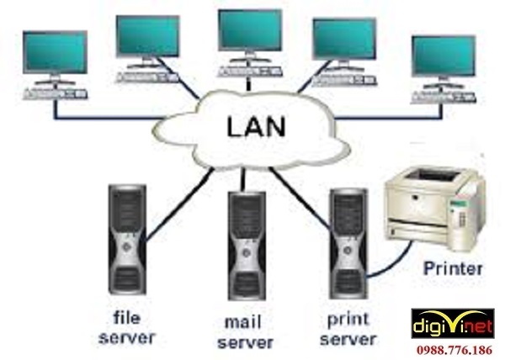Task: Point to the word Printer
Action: pyautogui.click(x=454, y=270)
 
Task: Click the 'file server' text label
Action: pyautogui.click(x=127, y=329)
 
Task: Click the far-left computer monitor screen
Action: pyautogui.click(x=55, y=52)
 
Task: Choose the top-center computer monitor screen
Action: pyautogui.click(x=249, y=31)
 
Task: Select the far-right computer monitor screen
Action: pyautogui.click(x=443, y=57)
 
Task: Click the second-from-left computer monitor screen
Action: pyautogui.click(x=147, y=35)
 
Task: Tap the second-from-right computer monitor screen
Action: pyautogui.click(x=343, y=39)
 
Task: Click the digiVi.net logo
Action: pyautogui.click(x=451, y=323)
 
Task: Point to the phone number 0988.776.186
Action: pyautogui.click(x=451, y=347)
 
